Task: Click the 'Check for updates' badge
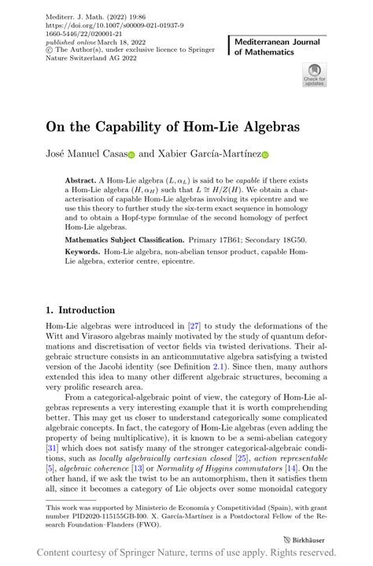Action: click(314, 75)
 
